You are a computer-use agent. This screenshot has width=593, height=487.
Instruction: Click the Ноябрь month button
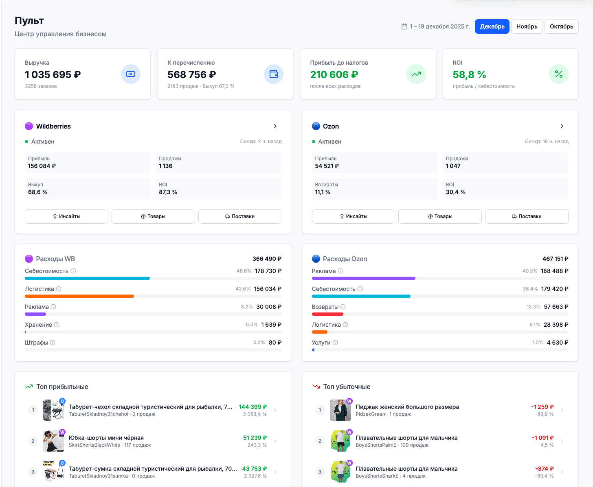point(527,26)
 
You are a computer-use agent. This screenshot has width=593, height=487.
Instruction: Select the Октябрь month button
point(561,26)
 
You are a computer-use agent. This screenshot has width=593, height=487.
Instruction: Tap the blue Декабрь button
point(492,26)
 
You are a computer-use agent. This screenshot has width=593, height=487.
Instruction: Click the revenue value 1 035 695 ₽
point(53,74)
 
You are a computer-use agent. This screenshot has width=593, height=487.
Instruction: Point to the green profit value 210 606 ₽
point(334,74)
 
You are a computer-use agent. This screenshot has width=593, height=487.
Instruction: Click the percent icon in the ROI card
point(558,74)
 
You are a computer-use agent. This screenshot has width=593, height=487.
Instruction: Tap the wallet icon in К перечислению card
point(274,74)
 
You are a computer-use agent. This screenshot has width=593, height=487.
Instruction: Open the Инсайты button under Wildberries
point(66,216)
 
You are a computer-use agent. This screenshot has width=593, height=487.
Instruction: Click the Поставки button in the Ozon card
point(527,216)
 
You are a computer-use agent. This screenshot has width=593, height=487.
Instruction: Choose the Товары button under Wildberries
point(153,216)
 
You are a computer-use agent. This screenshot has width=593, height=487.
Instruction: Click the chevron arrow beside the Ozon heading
point(562,126)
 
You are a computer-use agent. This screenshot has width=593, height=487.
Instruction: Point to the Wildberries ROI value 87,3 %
point(168,192)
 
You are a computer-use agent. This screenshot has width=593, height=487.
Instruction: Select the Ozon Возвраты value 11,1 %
point(323,192)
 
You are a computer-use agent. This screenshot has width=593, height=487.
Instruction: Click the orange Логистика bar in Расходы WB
point(79,296)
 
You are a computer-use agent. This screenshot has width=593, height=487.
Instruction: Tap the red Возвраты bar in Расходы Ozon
point(327,314)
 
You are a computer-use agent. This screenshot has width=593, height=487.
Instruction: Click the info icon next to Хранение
point(57,325)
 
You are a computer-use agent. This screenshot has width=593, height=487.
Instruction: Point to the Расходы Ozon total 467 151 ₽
point(555,259)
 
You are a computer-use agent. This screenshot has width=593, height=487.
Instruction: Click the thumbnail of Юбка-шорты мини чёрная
point(53,441)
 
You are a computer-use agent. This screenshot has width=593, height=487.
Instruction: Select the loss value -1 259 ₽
point(542,407)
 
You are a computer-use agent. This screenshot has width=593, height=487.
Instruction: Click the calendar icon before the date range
point(404,26)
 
